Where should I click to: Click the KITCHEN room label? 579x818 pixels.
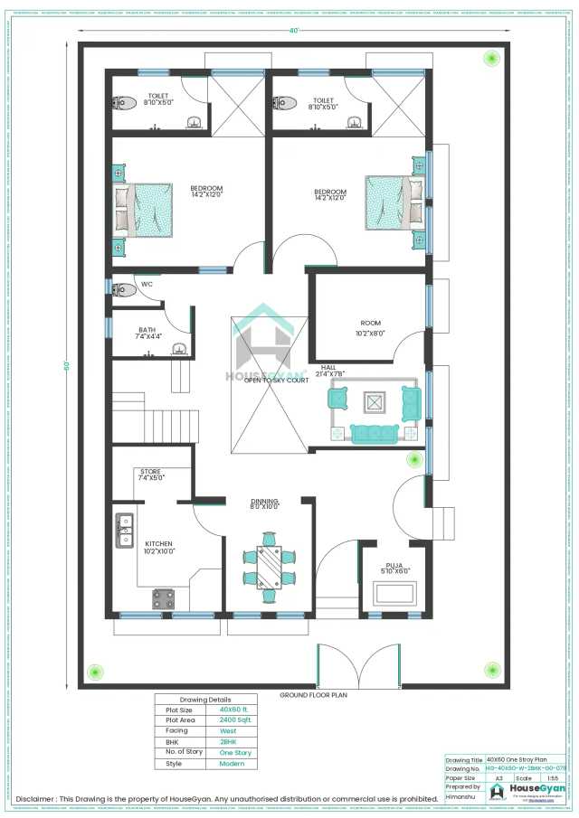click(159, 543)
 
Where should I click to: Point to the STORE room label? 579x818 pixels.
click(150, 472)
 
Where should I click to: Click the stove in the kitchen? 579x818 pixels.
click(164, 597)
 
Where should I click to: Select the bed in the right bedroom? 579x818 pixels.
click(394, 203)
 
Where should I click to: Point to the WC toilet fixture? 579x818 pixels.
click(124, 289)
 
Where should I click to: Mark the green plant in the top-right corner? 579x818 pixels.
click(491, 59)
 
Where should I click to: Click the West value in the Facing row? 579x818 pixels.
click(228, 731)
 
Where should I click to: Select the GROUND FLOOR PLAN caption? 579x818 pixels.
click(314, 695)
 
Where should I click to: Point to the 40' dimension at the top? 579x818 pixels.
click(293, 31)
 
